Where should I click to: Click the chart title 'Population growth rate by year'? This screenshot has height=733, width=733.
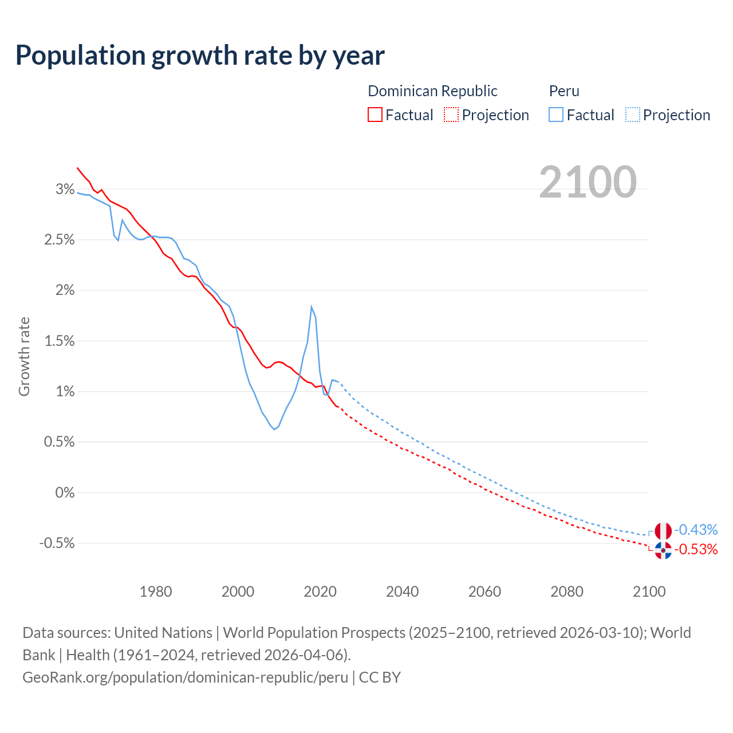click(200, 56)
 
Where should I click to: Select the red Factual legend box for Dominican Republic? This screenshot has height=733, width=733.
click(375, 115)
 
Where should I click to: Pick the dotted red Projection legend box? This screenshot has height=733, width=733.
click(451, 115)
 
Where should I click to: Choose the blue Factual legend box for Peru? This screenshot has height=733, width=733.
click(555, 115)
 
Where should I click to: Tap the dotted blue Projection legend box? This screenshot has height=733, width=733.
click(632, 115)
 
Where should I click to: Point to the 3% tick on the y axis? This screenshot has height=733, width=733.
click(65, 189)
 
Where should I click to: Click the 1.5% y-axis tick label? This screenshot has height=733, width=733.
click(60, 341)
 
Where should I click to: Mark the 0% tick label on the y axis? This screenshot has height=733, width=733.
click(65, 492)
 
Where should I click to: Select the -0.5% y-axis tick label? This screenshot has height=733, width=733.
click(57, 543)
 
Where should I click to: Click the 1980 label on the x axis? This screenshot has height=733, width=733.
click(156, 592)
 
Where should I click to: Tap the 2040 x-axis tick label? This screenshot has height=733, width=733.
click(402, 592)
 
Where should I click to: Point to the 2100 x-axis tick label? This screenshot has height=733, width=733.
click(649, 592)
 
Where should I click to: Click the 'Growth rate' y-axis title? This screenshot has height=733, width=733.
click(24, 356)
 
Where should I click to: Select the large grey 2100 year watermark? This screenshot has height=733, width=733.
click(588, 182)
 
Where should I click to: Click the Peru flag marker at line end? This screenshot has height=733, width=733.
click(663, 531)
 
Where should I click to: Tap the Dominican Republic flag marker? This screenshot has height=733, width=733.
click(663, 550)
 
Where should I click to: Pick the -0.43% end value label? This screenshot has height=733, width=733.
click(696, 530)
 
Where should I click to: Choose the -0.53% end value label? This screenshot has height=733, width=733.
click(696, 550)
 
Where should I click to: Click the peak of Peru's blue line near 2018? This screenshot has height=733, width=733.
click(312, 307)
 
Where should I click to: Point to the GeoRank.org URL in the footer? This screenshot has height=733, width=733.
click(185, 677)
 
